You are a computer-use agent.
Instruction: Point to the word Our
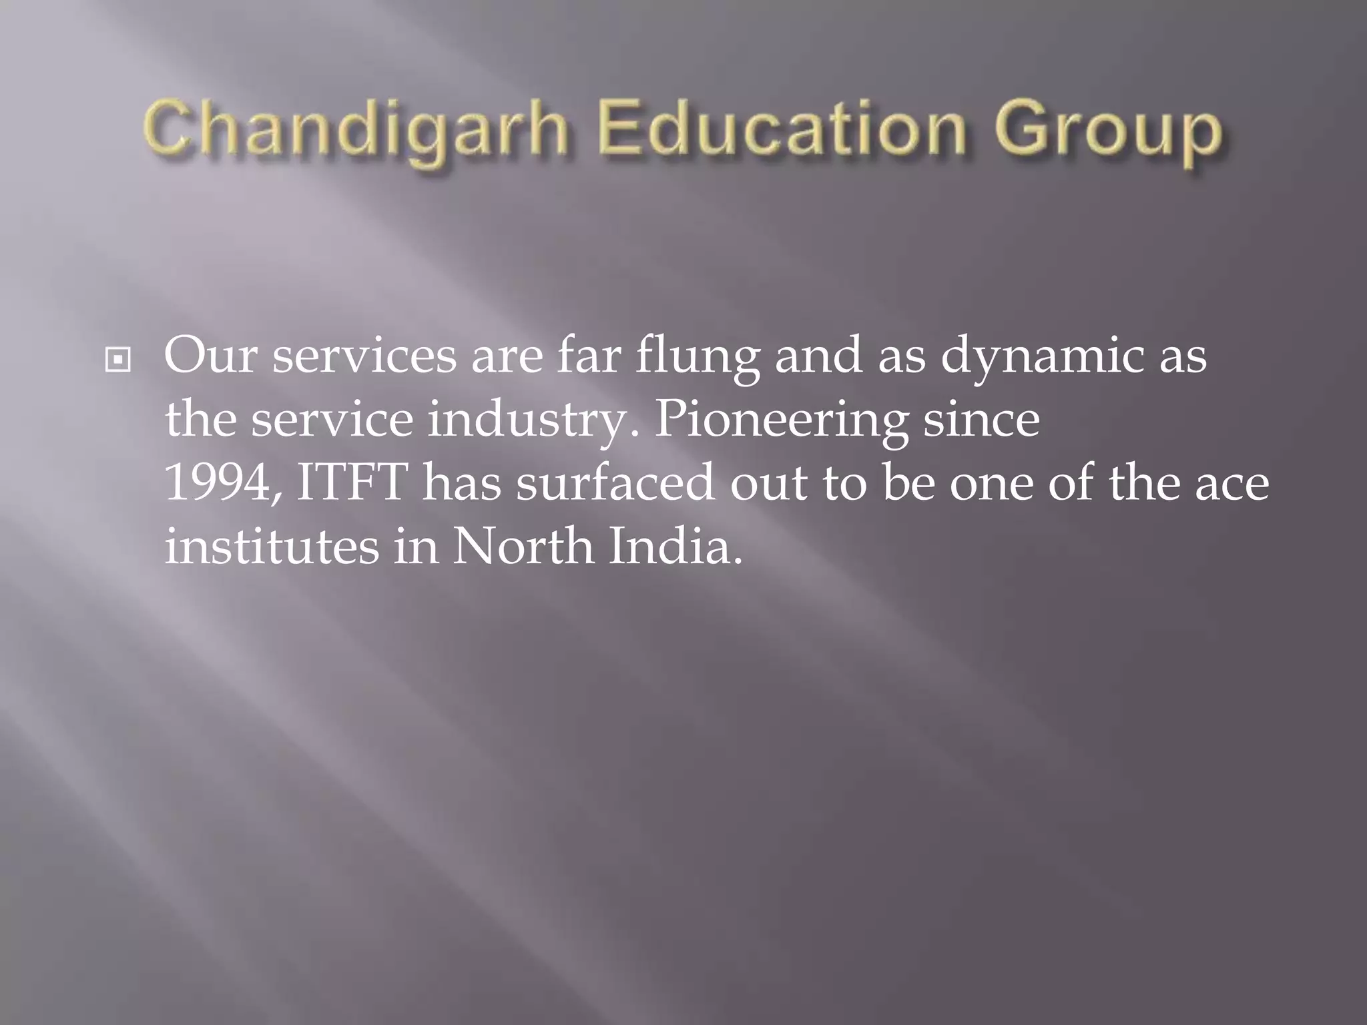click(210, 356)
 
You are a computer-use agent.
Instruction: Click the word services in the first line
click(364, 356)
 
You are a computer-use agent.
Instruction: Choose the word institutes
click(271, 547)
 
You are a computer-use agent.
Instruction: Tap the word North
click(523, 547)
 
